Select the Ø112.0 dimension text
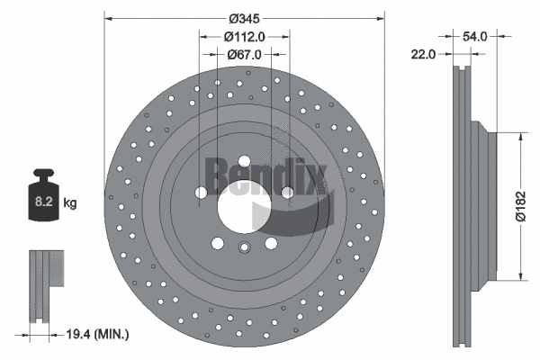coord(244,37)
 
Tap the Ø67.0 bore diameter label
coord(244,54)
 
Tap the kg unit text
coord(70,204)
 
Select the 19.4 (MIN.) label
coord(97,334)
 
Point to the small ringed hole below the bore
coord(244,250)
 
